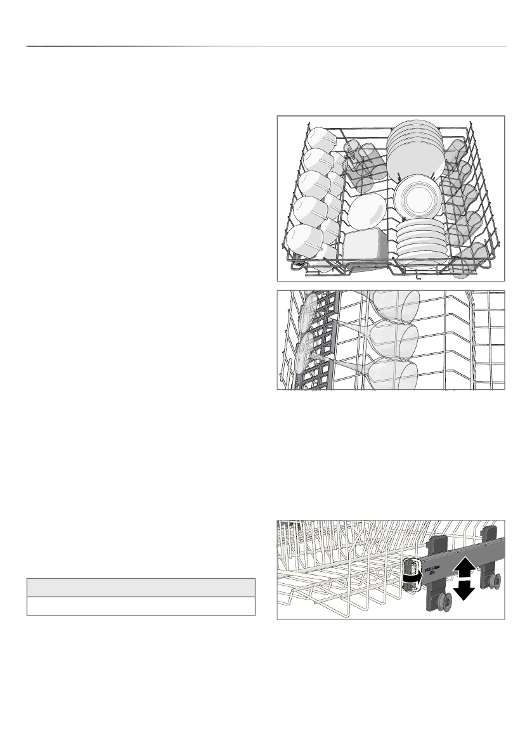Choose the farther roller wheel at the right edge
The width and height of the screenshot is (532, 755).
(x=492, y=578)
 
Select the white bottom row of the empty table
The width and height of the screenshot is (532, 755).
(x=140, y=606)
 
